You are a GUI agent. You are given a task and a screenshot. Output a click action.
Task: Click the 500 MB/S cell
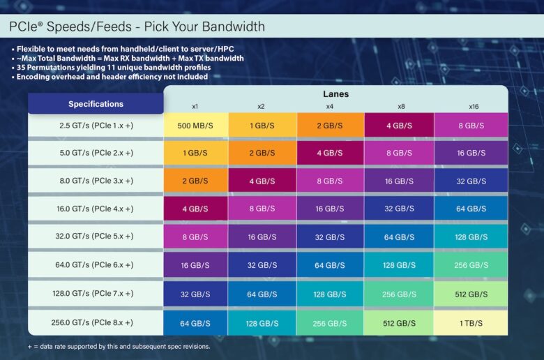(x=195, y=126)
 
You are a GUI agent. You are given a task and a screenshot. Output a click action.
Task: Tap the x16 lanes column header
(x=474, y=107)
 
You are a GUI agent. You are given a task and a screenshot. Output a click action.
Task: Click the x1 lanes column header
(x=195, y=107)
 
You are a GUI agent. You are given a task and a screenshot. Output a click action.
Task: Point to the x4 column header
(x=330, y=107)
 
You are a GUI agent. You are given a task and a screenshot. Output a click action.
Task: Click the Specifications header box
(x=96, y=104)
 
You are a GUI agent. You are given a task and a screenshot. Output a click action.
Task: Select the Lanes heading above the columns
(x=335, y=93)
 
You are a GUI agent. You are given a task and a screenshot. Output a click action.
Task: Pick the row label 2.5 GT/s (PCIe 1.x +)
(x=96, y=125)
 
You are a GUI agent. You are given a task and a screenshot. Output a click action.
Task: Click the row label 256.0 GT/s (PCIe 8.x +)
(x=96, y=323)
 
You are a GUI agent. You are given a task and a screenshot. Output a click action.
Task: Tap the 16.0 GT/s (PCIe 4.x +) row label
(x=96, y=209)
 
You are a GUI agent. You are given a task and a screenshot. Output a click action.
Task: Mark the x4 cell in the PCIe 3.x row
(x=330, y=181)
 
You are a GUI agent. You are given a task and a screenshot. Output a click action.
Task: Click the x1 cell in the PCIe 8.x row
(x=195, y=323)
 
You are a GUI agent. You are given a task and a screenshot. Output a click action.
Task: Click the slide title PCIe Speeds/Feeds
(x=137, y=27)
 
